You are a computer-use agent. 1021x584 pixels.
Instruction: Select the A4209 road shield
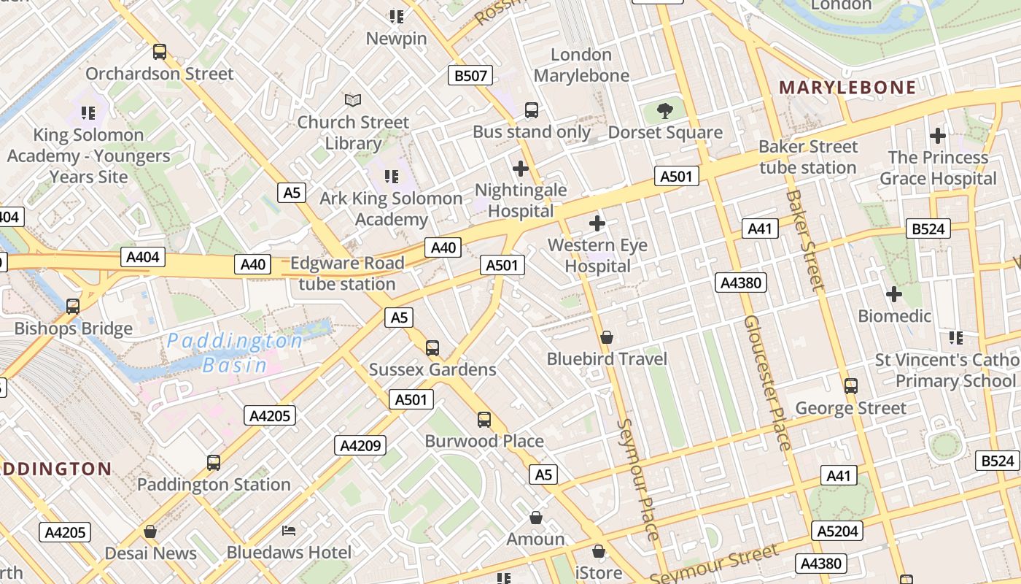pyautogui.click(x=360, y=445)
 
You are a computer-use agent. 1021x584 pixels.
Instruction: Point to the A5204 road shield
pyautogui.click(x=837, y=531)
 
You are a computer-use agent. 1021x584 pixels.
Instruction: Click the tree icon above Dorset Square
pyautogui.click(x=664, y=111)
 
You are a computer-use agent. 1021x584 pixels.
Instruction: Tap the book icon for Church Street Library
pyautogui.click(x=353, y=99)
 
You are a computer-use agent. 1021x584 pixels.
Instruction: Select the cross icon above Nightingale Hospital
pyautogui.click(x=521, y=169)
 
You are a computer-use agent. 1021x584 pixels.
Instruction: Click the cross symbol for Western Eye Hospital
pyautogui.click(x=597, y=223)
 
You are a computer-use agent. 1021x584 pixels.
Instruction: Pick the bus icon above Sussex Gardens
pyautogui.click(x=432, y=347)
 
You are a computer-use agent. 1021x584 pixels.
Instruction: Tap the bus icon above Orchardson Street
pyautogui.click(x=160, y=52)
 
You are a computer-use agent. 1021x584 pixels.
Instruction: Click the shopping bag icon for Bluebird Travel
pyautogui.click(x=606, y=337)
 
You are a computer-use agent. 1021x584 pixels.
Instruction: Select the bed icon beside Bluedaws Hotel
pyautogui.click(x=289, y=530)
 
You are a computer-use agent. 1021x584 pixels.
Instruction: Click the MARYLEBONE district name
pyautogui.click(x=847, y=88)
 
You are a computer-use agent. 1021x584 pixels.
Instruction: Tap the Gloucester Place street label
pyautogui.click(x=767, y=383)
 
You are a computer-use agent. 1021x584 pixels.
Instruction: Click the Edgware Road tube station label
pyautogui.click(x=347, y=273)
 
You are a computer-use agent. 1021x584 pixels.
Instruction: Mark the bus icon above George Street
pyautogui.click(x=850, y=385)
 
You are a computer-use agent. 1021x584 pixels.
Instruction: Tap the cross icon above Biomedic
pyautogui.click(x=894, y=294)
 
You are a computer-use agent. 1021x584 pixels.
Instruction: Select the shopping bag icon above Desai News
pyautogui.click(x=150, y=531)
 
